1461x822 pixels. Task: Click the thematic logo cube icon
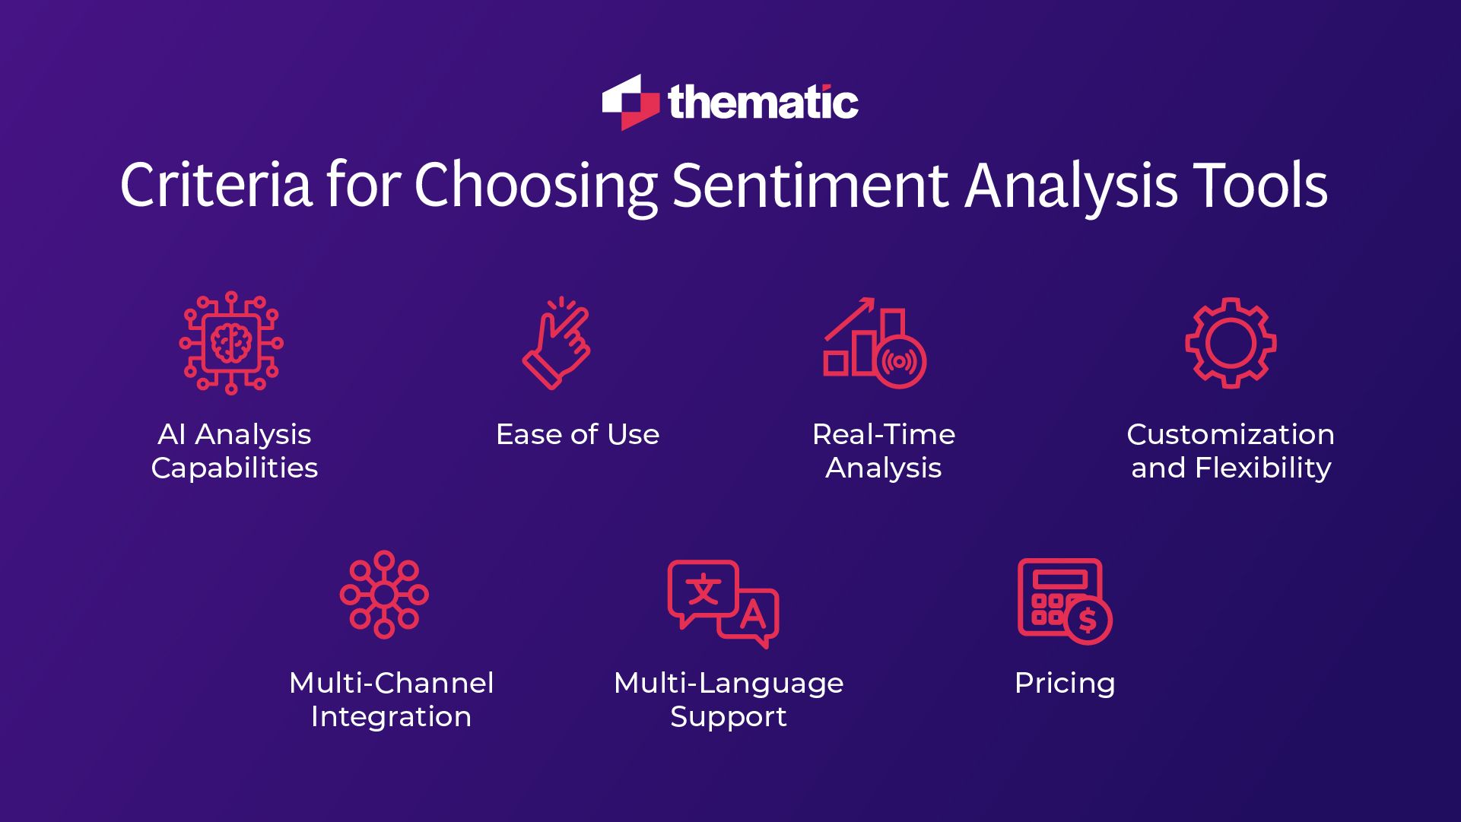[630, 103]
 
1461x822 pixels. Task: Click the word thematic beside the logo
[763, 103]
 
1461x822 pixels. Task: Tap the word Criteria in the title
[216, 185]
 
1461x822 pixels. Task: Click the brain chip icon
[231, 343]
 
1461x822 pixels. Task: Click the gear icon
[1231, 343]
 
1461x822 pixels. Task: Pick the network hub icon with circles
[384, 594]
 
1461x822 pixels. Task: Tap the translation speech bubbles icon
[723, 603]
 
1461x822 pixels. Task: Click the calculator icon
[1059, 597]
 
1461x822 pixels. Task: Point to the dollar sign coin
[1088, 620]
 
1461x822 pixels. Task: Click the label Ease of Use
[577, 434]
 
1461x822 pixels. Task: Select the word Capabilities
[234, 468]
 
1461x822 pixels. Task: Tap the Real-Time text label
[883, 434]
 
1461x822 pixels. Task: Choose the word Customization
[1230, 434]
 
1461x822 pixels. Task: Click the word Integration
[391, 717]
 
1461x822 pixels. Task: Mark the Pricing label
[1064, 684]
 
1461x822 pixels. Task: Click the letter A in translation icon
[752, 614]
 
